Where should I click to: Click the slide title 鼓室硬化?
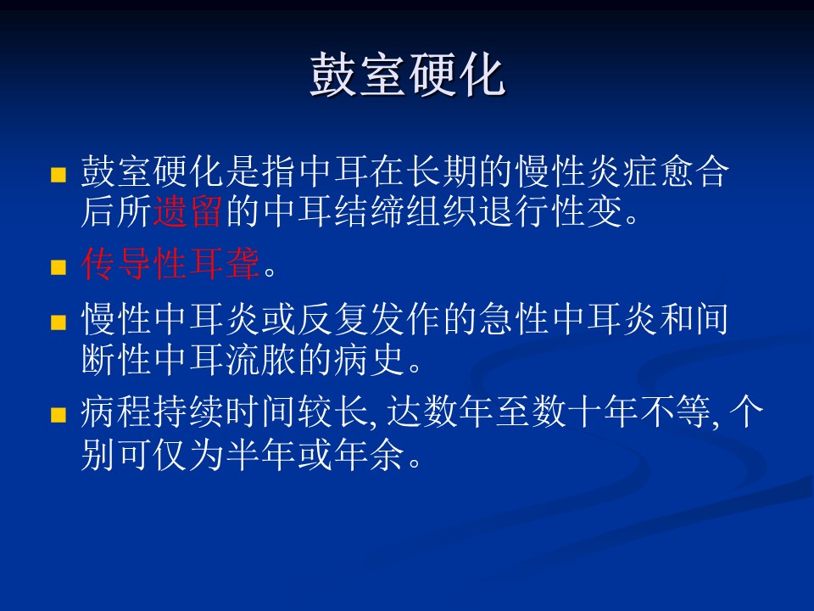coord(408,75)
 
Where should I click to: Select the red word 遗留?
coord(188,211)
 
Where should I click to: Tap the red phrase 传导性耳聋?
coord(170,264)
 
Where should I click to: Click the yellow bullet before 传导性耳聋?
coord(59,267)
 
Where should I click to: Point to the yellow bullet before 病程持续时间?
coord(59,415)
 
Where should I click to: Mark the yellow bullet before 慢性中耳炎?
coord(59,322)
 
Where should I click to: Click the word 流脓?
coord(260,359)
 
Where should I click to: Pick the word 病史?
coord(369,359)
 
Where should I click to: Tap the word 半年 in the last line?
coord(260,454)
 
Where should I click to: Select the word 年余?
coord(369,454)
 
